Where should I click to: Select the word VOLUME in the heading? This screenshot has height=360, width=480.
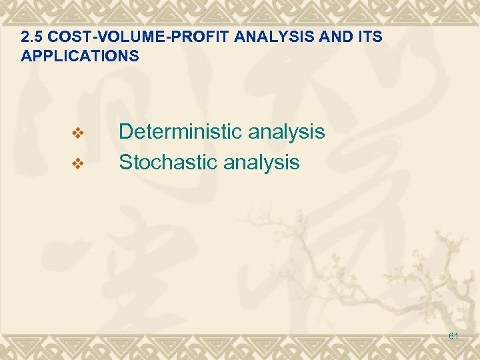click(119, 37)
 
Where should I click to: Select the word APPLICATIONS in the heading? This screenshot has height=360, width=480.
click(80, 56)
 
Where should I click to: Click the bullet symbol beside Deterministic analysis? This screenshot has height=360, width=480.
click(77, 133)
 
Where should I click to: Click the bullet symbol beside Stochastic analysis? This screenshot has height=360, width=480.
click(77, 163)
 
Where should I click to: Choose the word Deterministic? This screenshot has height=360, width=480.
click(180, 132)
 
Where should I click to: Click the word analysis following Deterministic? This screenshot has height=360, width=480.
click(286, 132)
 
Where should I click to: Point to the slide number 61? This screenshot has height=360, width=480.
click(453, 337)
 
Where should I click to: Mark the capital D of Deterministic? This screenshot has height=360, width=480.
click(125, 132)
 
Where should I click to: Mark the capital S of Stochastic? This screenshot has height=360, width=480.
click(125, 162)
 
